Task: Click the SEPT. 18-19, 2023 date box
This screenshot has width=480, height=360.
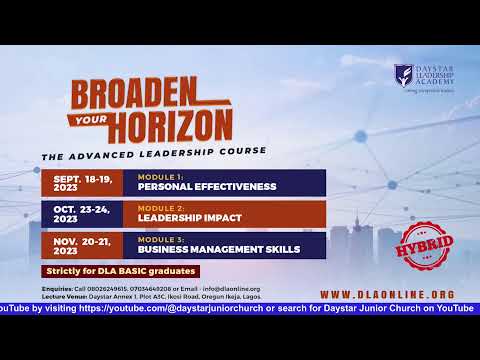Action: pos(82,182)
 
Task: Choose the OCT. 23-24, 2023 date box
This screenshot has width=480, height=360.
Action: pos(82,213)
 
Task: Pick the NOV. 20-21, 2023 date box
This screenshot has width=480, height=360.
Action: pos(82,244)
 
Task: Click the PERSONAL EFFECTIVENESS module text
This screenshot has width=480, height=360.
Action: pos(193,186)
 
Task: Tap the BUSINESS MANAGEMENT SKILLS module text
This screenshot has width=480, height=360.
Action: pos(213,249)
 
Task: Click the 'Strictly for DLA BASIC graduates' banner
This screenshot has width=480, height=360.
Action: pos(121,271)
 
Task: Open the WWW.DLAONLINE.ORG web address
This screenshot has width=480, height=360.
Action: pos(387,294)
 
